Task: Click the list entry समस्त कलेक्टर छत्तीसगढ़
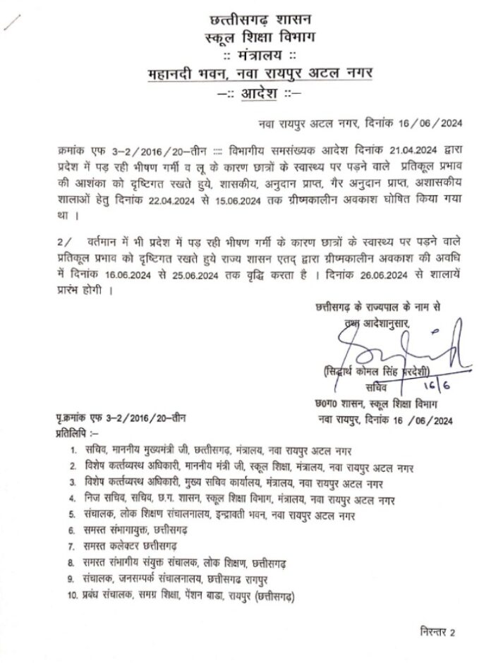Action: point(135,549)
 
